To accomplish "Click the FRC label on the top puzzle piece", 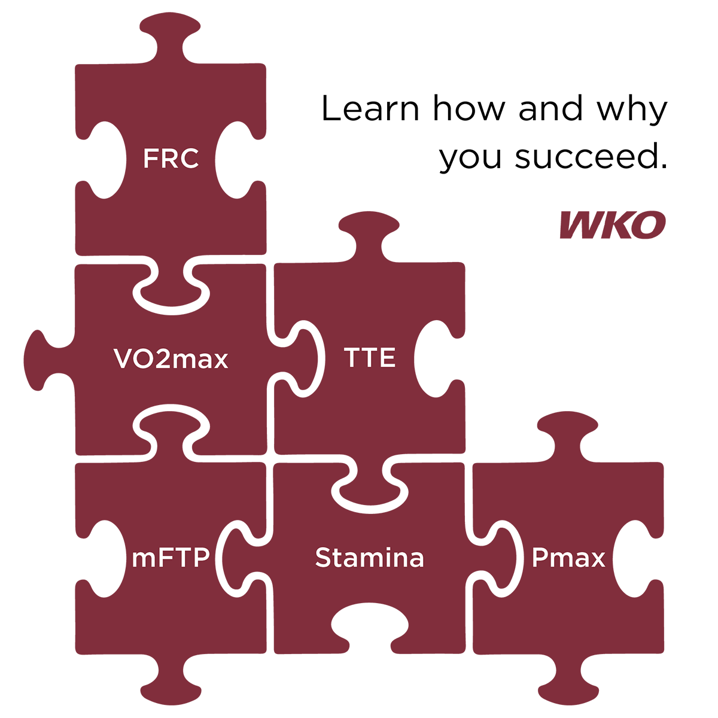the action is pyautogui.click(x=171, y=159).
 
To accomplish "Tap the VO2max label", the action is pyautogui.click(x=171, y=358).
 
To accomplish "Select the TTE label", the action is pyautogui.click(x=370, y=357).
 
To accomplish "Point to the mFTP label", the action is pyautogui.click(x=171, y=558).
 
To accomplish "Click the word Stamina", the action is pyautogui.click(x=370, y=558).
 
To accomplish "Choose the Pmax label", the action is pyautogui.click(x=568, y=558).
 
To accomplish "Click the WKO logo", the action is pyautogui.click(x=613, y=225).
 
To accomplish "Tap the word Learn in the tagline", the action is pyautogui.click(x=370, y=108).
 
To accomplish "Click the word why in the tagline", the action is pyautogui.click(x=632, y=111).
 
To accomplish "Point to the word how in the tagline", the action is pyautogui.click(x=468, y=108).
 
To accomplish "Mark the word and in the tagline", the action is pyautogui.click(x=550, y=108).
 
